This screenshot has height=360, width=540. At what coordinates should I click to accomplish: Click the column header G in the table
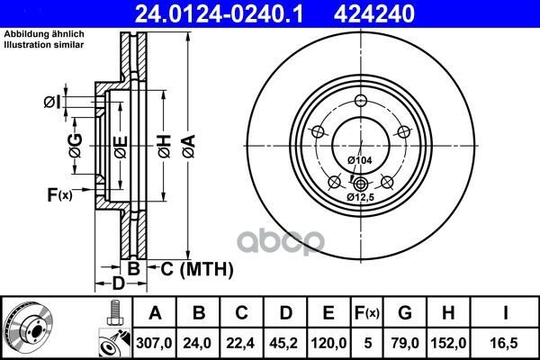pos(405,312)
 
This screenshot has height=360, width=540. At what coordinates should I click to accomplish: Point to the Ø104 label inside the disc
pos(360,160)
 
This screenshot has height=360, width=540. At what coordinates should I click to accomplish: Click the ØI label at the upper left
pos(51,102)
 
